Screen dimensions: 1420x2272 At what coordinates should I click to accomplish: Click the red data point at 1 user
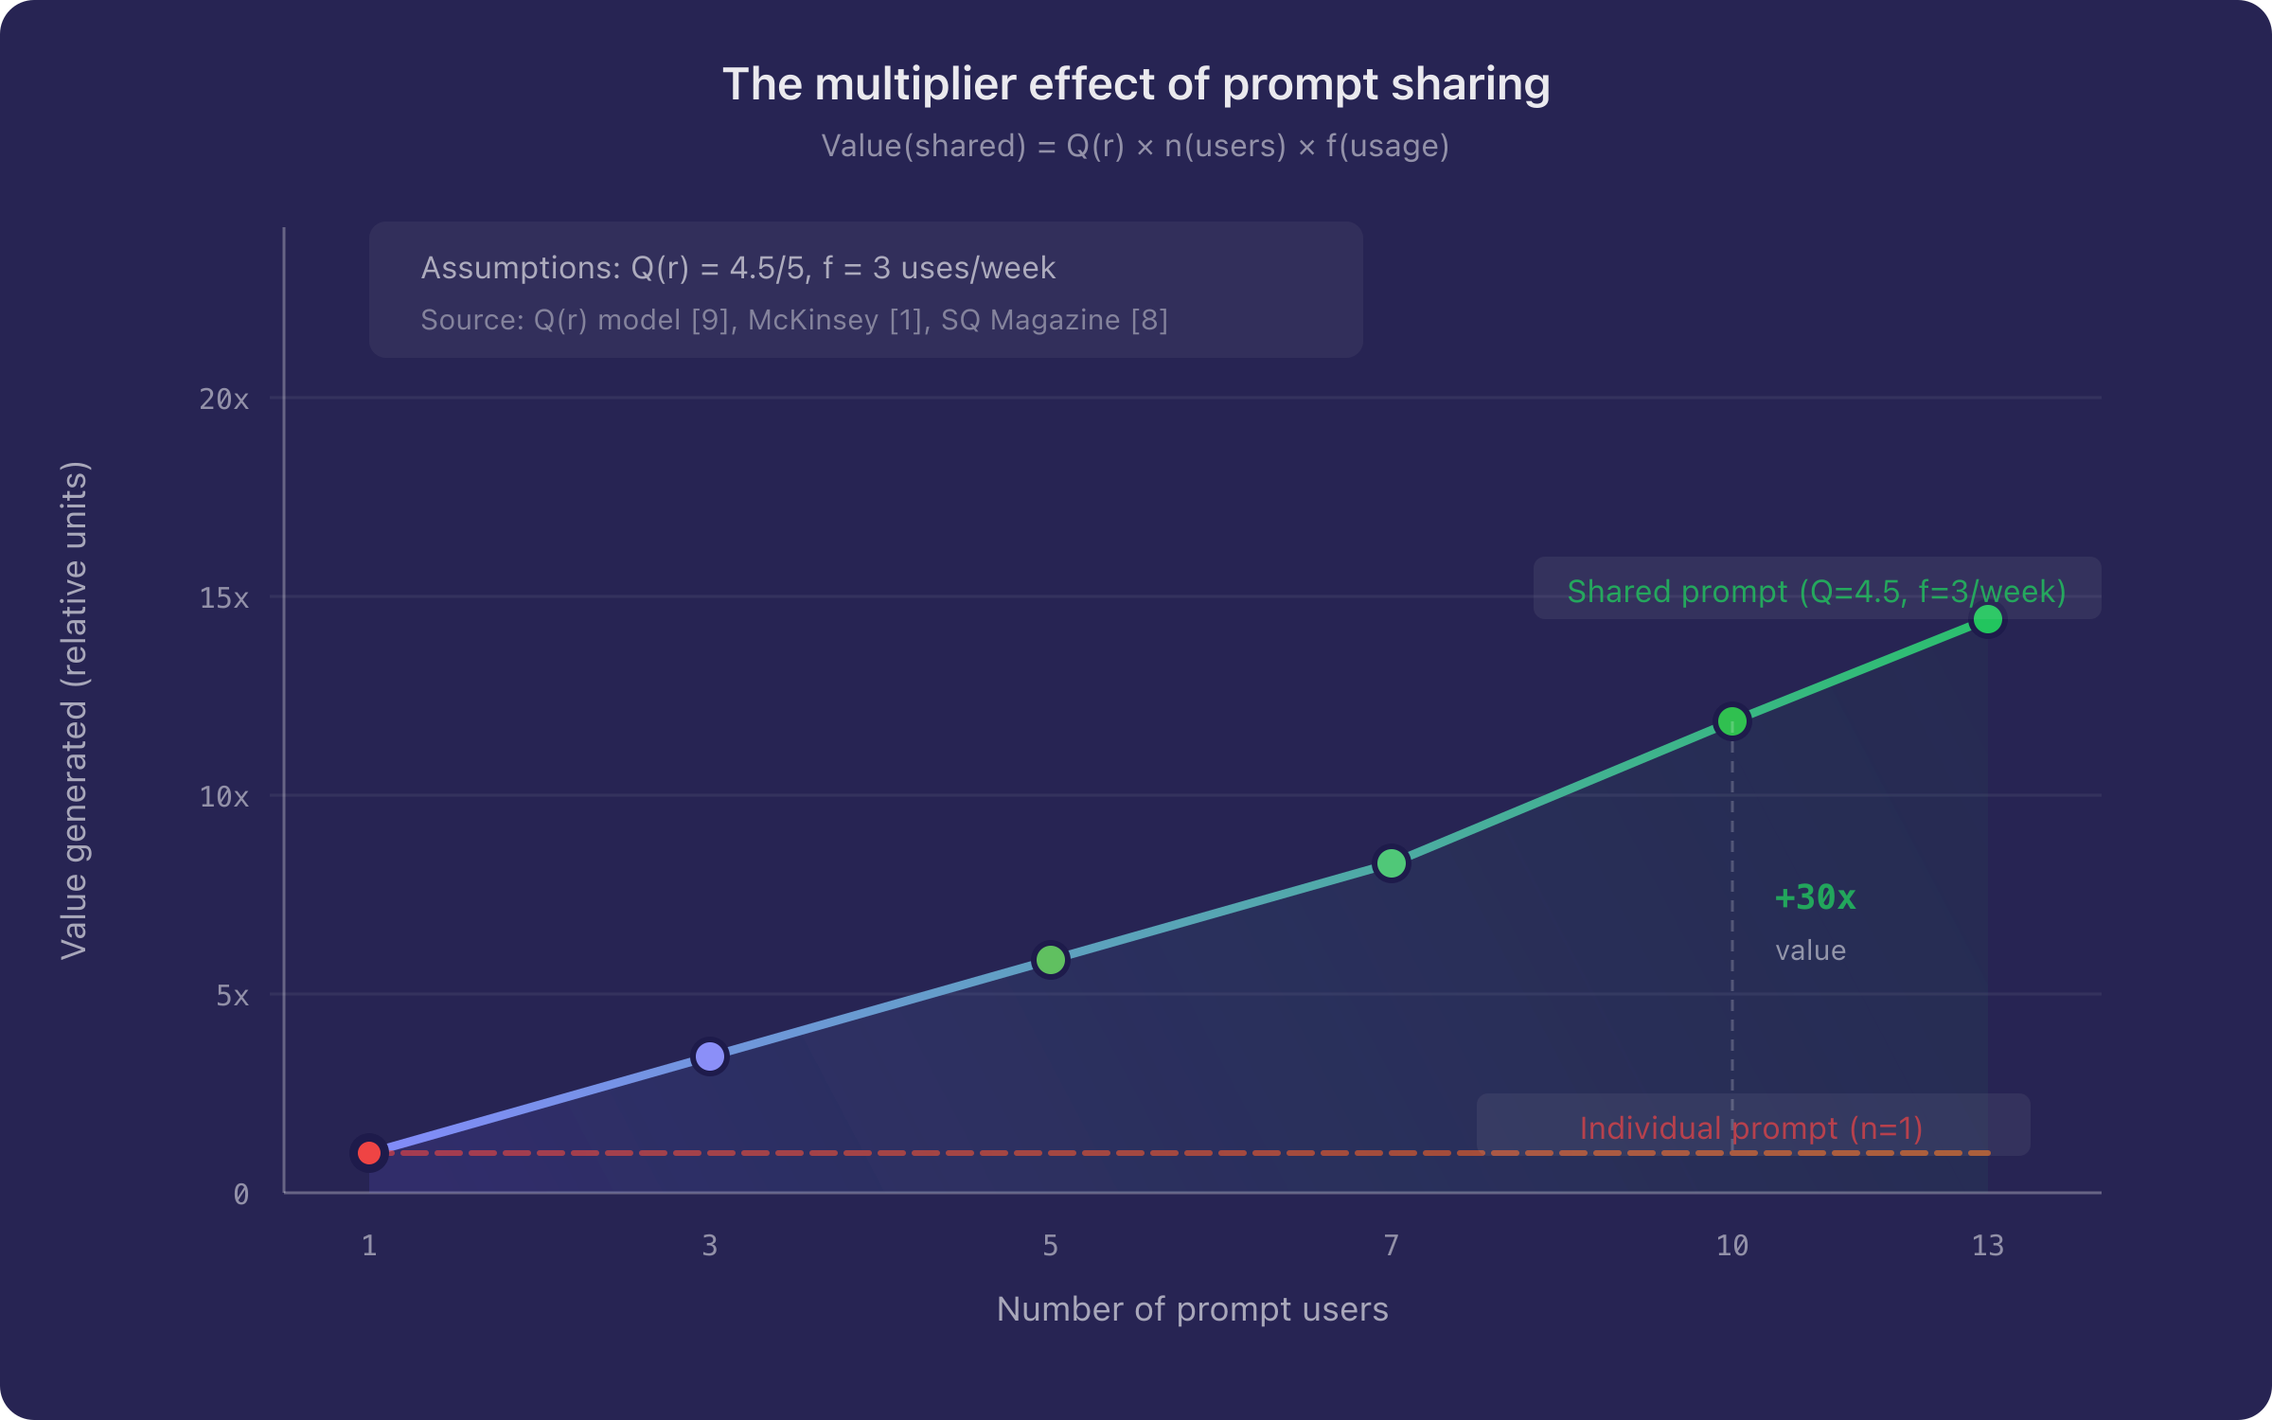point(369,1153)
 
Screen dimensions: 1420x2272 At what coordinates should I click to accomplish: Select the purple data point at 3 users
point(710,1056)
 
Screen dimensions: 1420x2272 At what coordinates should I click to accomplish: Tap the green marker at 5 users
point(1051,960)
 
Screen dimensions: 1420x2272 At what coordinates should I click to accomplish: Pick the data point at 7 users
point(1392,863)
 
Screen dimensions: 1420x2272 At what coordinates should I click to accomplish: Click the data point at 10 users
point(1732,721)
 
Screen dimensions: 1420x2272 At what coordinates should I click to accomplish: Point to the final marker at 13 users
point(1988,619)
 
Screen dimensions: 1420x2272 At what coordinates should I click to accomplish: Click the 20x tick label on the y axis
point(224,399)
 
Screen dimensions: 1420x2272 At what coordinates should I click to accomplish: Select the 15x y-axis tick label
point(224,598)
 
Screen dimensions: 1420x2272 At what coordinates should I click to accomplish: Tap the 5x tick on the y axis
point(232,996)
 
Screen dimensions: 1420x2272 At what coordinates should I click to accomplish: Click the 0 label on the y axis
point(241,1195)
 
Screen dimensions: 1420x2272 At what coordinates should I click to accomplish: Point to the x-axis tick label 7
point(1392,1246)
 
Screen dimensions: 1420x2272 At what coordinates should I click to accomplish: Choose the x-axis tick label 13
point(1988,1246)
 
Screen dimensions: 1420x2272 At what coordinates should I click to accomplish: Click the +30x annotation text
point(1815,897)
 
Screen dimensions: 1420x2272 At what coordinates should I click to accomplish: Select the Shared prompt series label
point(1817,592)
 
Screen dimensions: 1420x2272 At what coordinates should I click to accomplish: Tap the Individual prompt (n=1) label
point(1751,1128)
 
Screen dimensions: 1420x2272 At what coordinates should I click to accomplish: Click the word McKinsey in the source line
point(813,320)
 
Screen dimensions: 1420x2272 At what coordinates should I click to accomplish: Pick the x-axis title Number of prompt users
point(1193,1309)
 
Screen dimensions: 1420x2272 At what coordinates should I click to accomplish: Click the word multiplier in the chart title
point(914,84)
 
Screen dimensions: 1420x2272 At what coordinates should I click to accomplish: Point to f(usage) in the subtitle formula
point(1387,146)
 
